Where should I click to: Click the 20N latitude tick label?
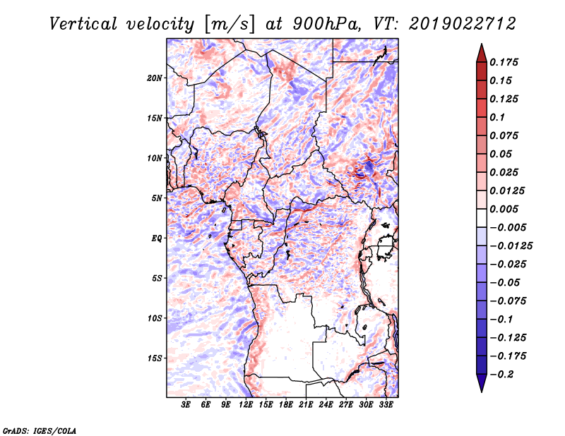[x=155, y=78]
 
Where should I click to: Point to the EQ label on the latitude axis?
[x=157, y=238]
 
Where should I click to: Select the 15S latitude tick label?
[x=155, y=358]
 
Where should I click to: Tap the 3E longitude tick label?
[x=186, y=404]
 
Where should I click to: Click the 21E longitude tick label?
[x=306, y=404]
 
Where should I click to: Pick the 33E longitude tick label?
[x=386, y=404]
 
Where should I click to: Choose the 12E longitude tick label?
[x=246, y=404]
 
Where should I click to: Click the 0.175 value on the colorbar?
[x=504, y=62]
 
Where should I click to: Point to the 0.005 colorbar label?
[x=504, y=209]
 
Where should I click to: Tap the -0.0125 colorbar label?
[x=511, y=246]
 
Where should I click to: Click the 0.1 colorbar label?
[x=497, y=117]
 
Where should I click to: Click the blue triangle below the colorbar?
[x=482, y=382]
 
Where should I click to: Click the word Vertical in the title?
[x=83, y=24]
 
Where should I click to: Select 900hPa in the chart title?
[x=326, y=24]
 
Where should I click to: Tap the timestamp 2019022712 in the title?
[x=463, y=24]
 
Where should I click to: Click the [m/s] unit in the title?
[x=230, y=25]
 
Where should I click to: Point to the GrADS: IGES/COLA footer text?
[x=40, y=431]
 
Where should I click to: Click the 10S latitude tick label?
[x=155, y=318]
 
